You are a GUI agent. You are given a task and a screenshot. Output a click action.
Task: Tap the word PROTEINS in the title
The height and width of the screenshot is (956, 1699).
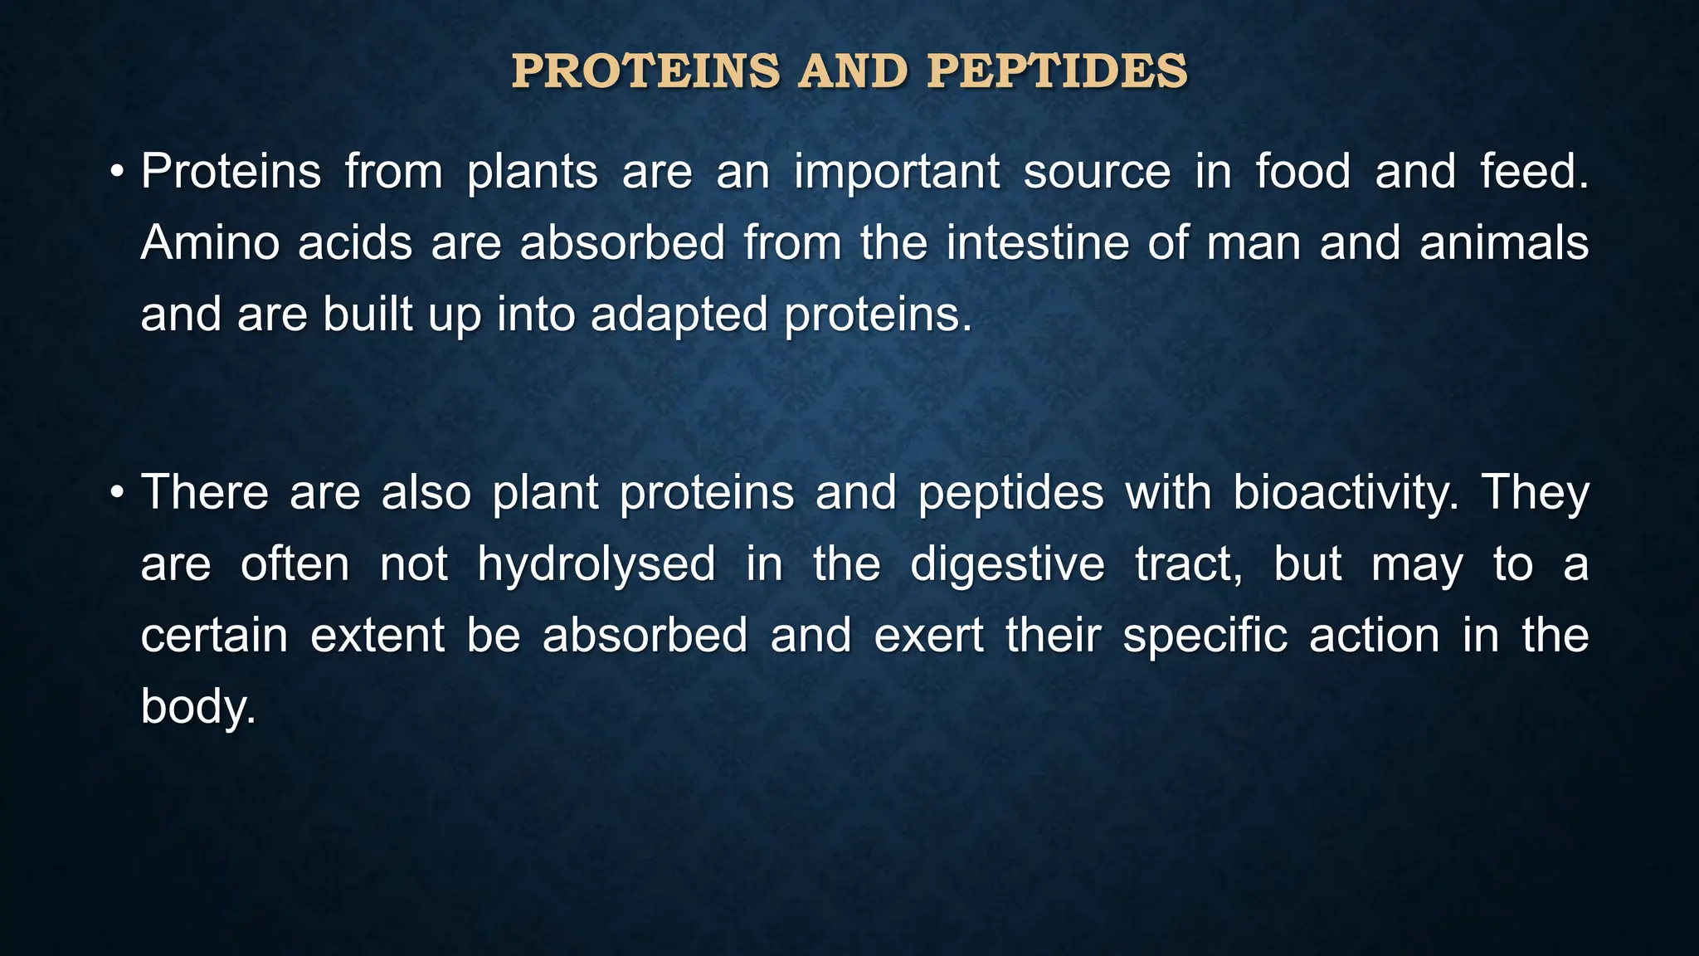pyautogui.click(x=646, y=71)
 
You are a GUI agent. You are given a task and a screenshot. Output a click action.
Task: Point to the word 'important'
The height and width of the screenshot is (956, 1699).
pyautogui.click(x=896, y=173)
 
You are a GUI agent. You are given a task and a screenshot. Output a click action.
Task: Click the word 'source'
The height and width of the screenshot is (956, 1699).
pyautogui.click(x=1097, y=173)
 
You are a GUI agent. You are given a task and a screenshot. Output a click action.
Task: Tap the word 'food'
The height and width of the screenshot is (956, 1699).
pyautogui.click(x=1302, y=172)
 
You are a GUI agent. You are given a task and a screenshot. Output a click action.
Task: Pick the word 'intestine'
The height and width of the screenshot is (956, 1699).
pyautogui.click(x=1037, y=243)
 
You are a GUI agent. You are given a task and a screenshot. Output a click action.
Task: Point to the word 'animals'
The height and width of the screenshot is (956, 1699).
pyautogui.click(x=1503, y=243)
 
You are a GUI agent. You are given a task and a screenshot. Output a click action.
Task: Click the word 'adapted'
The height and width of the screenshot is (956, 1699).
pyautogui.click(x=679, y=315)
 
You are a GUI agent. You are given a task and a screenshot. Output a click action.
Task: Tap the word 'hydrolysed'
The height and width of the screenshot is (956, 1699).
pyautogui.click(x=596, y=564)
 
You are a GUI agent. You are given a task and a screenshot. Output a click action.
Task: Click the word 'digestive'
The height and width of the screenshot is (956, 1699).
pyautogui.click(x=1007, y=564)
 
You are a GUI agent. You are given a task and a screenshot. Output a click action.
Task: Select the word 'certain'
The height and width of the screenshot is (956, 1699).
pyautogui.click(x=214, y=636)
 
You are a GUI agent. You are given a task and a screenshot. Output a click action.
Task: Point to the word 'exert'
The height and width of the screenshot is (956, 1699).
pyautogui.click(x=929, y=636)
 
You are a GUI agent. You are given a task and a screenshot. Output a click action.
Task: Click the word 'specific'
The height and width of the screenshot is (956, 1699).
pyautogui.click(x=1205, y=637)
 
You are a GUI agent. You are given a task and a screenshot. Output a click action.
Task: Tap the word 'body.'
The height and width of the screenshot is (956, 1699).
pyautogui.click(x=198, y=708)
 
